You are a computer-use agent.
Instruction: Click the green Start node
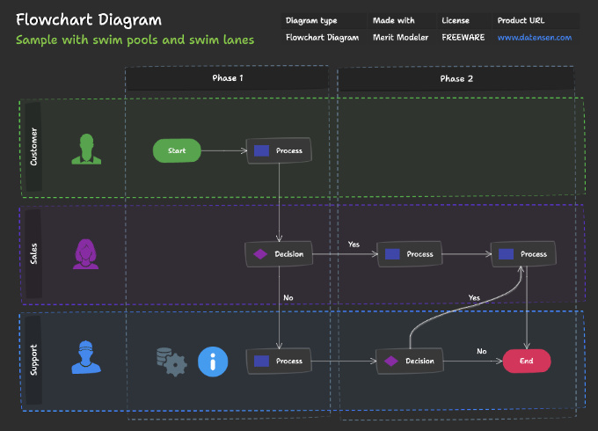(177, 151)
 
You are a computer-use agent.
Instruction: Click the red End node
(526, 361)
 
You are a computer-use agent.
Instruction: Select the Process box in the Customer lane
(280, 151)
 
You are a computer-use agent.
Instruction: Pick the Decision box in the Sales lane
(279, 254)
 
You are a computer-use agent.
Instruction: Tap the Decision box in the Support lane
(410, 361)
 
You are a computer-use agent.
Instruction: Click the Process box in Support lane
(280, 361)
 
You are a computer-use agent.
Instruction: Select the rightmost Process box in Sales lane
(524, 254)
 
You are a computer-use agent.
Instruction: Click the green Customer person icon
(86, 149)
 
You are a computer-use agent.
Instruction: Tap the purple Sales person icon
(85, 253)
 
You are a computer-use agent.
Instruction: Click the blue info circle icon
(212, 361)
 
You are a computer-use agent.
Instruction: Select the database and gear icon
(170, 361)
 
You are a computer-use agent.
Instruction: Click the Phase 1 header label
(228, 79)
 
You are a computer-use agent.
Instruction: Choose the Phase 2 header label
(456, 79)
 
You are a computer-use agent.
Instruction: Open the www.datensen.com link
(534, 38)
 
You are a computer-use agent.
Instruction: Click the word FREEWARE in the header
(463, 38)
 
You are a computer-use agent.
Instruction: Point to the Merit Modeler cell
(400, 38)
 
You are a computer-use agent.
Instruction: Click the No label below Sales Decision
(288, 298)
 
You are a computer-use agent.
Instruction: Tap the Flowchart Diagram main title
(88, 19)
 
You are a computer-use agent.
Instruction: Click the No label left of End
(481, 351)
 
